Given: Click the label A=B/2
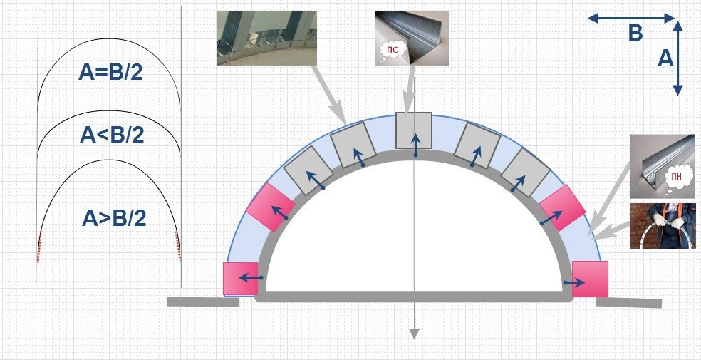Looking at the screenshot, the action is (110, 71).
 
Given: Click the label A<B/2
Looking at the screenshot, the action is (112, 134).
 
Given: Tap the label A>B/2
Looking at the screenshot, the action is (114, 218).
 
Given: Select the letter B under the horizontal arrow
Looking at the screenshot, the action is (635, 33).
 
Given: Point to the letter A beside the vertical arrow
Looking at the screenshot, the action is (665, 58).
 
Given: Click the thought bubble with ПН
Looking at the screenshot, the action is (677, 177).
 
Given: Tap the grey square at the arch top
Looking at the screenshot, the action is (413, 130).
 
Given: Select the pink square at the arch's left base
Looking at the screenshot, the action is (241, 279).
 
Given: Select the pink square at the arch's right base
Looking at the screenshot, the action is (590, 279).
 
